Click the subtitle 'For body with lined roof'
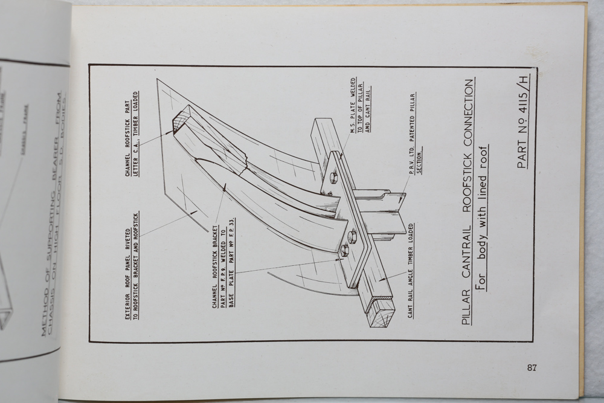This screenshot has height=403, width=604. pyautogui.click(x=482, y=218)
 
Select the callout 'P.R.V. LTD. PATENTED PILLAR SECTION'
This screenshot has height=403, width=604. pyautogui.click(x=415, y=133)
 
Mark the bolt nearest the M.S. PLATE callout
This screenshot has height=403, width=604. pyautogui.click(x=333, y=178)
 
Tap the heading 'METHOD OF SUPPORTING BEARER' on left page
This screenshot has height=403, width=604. pyautogui.click(x=52, y=211)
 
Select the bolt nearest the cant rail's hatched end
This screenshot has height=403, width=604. pyautogui.click(x=345, y=250)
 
